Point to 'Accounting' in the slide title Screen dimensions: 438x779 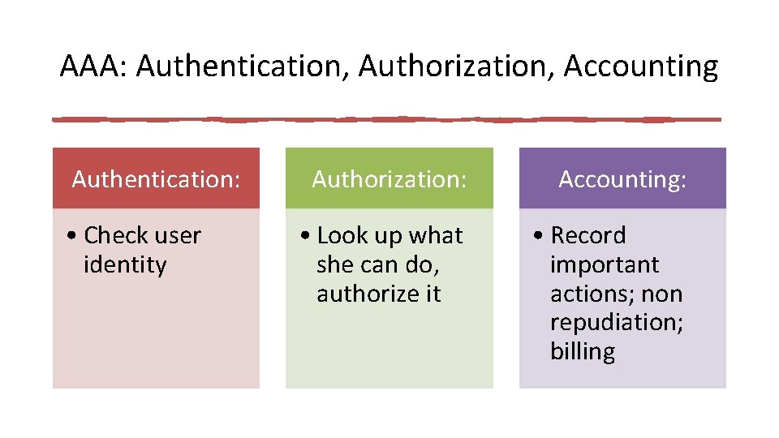click(641, 67)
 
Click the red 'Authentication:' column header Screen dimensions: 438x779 click(156, 178)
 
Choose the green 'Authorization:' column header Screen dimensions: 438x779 click(389, 178)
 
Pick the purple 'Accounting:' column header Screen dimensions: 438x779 click(622, 178)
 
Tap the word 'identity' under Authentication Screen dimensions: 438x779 click(125, 264)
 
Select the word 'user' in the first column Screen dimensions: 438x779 click(179, 235)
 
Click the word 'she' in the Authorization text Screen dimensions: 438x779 click(333, 264)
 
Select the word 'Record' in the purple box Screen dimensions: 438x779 click(588, 235)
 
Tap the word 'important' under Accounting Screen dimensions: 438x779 click(605, 264)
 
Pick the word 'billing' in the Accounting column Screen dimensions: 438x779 click(583, 352)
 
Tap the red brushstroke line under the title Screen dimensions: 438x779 click(386, 119)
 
